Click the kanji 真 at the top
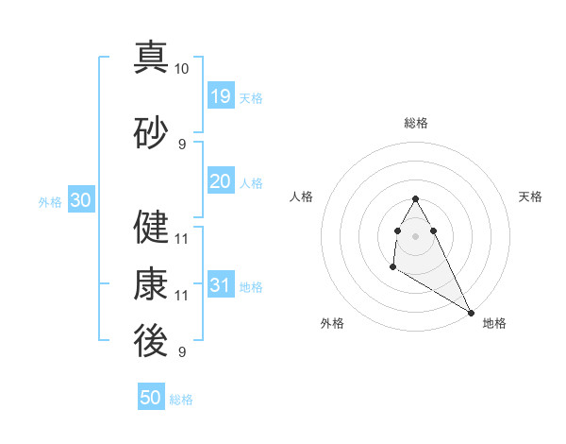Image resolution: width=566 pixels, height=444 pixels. (151, 58)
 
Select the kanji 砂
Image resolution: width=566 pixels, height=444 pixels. (151, 133)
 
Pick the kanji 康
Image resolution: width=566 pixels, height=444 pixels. (151, 284)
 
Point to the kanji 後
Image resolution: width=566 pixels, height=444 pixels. (151, 341)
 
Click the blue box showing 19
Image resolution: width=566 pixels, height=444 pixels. (221, 96)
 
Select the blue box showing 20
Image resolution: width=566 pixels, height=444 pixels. (221, 181)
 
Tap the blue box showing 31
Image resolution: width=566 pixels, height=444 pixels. (221, 285)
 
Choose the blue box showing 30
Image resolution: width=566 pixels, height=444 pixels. (80, 200)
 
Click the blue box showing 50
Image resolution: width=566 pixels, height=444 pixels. (151, 398)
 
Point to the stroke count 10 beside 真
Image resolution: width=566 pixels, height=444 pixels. (182, 69)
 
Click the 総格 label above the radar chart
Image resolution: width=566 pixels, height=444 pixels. (416, 123)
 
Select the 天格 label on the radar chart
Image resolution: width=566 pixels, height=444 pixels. (531, 196)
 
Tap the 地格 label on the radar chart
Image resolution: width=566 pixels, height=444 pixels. (494, 323)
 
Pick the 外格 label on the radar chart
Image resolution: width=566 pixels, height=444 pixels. (332, 323)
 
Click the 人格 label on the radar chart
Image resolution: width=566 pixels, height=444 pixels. (301, 196)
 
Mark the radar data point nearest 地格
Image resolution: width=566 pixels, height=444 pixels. (472, 312)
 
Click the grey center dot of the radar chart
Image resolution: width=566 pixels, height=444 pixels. (416, 235)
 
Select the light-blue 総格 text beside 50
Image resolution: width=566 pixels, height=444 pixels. (181, 400)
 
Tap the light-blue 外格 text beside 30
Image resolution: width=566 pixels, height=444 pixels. (50, 201)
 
